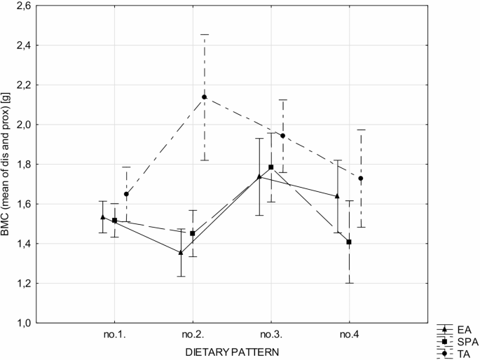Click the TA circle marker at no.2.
(x=205, y=97)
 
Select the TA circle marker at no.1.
(x=126, y=194)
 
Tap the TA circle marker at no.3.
(x=283, y=135)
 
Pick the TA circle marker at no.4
(x=361, y=179)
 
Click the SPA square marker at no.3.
(x=271, y=167)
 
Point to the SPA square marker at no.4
(x=349, y=242)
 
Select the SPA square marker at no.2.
(x=193, y=233)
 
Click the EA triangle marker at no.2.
(x=181, y=252)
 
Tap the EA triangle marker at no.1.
(x=103, y=217)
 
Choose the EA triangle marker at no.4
(x=338, y=196)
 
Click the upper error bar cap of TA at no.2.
(x=205, y=34)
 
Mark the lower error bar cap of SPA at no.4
(x=349, y=283)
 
